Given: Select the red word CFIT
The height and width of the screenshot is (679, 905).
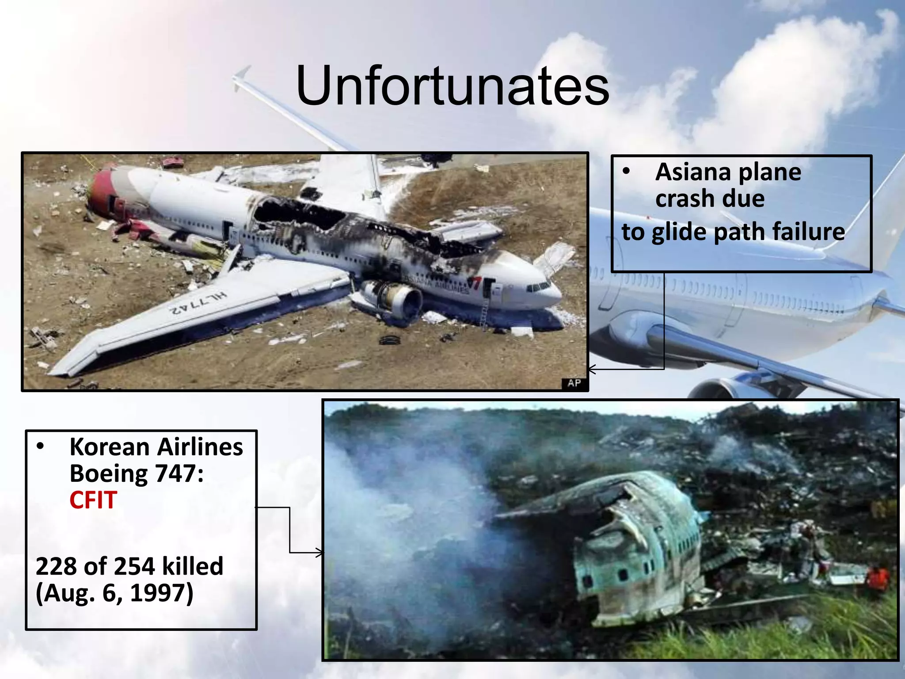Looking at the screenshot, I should point(93,500).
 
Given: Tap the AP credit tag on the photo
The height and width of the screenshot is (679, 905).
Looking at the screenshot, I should point(574,383).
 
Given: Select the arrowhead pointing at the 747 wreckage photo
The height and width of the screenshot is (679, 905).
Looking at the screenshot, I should point(319,553).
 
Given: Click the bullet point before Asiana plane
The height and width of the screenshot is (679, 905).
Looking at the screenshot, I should point(626,172).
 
